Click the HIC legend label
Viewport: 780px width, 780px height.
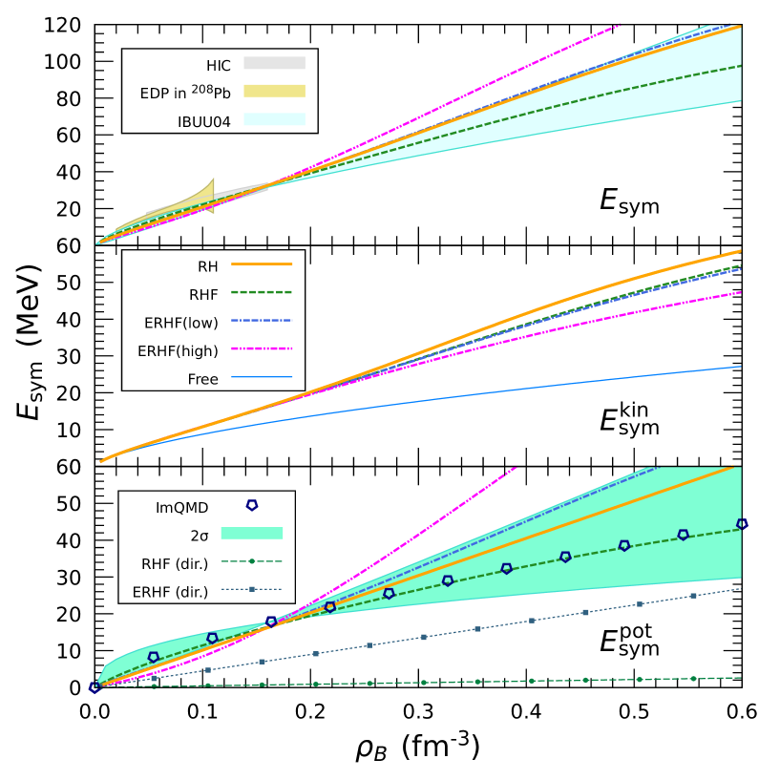coord(219,65)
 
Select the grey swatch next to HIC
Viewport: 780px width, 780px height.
coord(274,63)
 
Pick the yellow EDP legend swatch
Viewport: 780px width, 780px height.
coord(274,92)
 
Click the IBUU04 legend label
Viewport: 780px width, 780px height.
coord(204,121)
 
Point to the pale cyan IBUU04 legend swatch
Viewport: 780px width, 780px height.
coord(274,119)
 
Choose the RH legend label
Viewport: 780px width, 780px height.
coord(208,266)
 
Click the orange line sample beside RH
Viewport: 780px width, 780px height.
coord(261,264)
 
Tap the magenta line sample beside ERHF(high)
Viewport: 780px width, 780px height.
coord(261,348)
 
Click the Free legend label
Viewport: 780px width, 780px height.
coord(202,379)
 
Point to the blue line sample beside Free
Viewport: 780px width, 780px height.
coord(261,377)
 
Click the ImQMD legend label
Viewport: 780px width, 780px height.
coord(181,508)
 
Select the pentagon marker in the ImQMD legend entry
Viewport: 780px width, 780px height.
coord(252,505)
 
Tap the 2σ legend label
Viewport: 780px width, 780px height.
coord(200,536)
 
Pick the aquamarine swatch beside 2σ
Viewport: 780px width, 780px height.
coord(252,534)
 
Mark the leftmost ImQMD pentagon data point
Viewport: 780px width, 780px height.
coord(95,687)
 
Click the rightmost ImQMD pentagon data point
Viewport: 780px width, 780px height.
coord(742,524)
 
